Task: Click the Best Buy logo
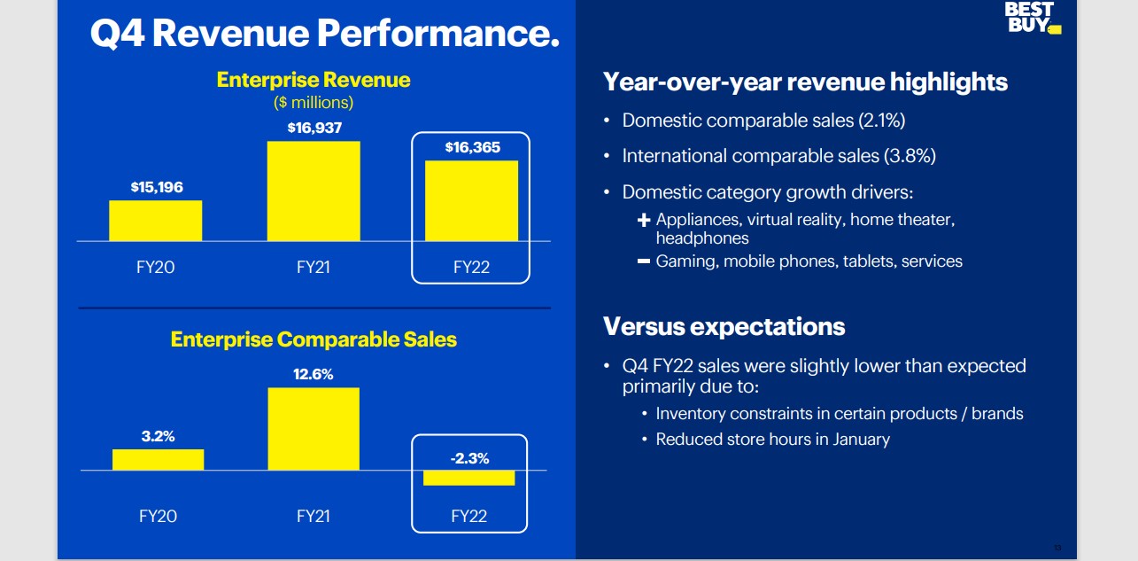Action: point(1032,18)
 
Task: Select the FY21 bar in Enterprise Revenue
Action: point(314,191)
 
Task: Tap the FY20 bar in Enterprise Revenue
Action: point(156,221)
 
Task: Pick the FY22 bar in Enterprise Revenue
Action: point(471,200)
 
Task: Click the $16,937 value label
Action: point(314,129)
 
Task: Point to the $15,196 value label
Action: point(157,187)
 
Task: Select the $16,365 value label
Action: point(472,148)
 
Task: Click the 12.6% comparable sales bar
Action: point(314,428)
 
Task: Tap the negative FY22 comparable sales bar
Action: point(468,478)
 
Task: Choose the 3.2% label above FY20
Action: point(158,436)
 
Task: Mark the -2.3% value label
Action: point(469,458)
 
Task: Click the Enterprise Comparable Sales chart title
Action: point(314,339)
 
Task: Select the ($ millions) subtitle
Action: point(314,103)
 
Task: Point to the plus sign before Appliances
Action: point(644,219)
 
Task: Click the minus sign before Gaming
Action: point(644,261)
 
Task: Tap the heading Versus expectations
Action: point(724,326)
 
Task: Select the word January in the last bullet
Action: point(856,439)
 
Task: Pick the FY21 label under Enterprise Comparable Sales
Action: point(314,516)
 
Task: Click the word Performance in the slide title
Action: point(438,34)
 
